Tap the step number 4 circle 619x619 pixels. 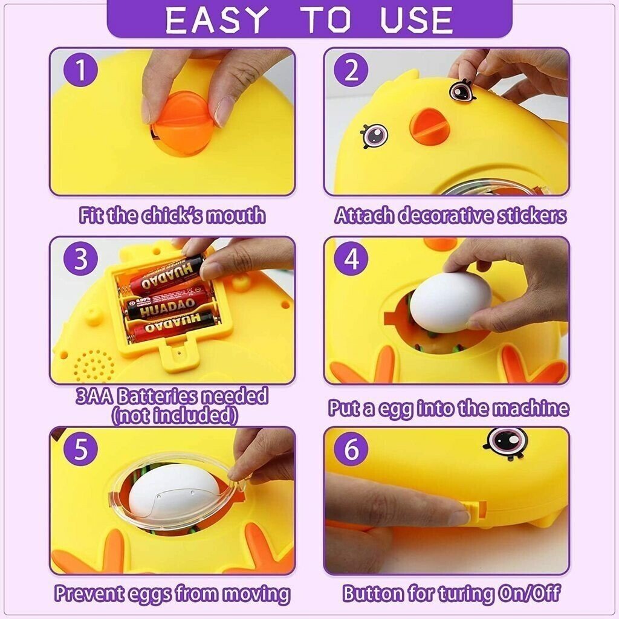[351, 259]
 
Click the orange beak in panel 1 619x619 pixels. [181, 123]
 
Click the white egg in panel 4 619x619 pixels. [450, 302]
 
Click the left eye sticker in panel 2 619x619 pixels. [374, 135]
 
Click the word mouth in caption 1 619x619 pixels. [235, 216]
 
